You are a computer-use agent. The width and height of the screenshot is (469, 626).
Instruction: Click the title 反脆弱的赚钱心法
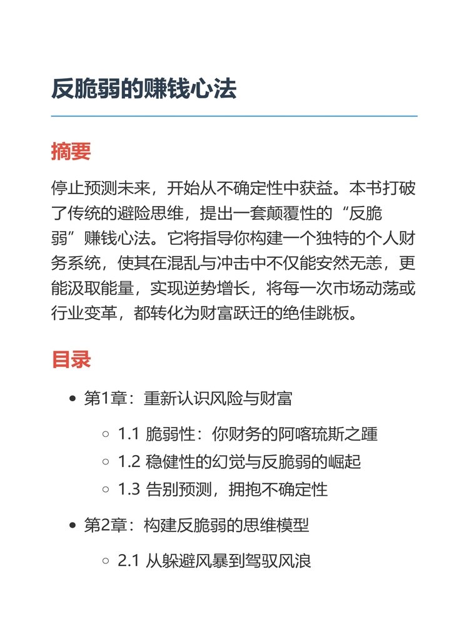click(144, 89)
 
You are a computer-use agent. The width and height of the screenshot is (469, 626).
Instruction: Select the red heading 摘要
click(71, 151)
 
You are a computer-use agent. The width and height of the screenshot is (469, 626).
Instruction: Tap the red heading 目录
click(71, 359)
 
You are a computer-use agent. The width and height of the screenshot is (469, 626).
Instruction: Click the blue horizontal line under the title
click(234, 116)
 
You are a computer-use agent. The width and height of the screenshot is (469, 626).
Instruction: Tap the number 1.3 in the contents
click(128, 490)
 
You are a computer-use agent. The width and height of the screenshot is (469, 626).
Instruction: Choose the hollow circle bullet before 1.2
click(106, 462)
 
